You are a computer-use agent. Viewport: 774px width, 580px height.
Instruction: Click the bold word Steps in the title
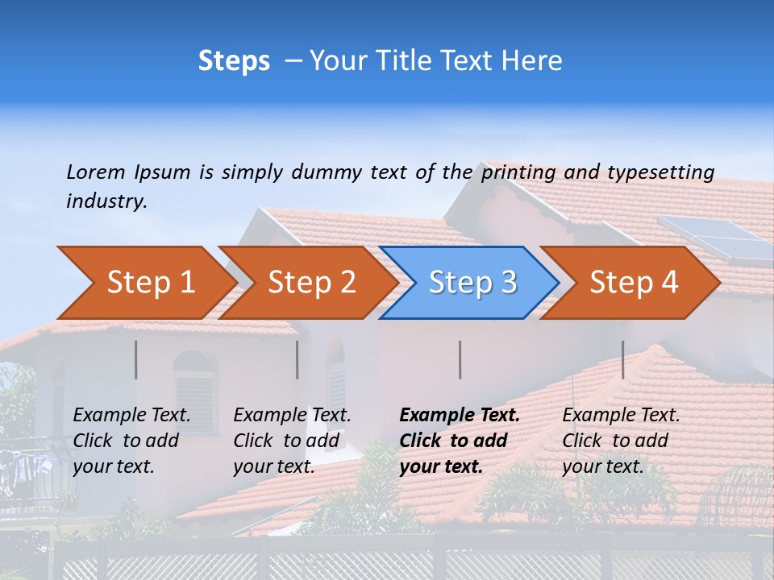234,61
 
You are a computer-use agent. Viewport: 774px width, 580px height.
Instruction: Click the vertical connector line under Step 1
136,359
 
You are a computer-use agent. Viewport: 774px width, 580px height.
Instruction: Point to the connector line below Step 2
298,359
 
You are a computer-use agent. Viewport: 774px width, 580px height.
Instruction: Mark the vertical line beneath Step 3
460,359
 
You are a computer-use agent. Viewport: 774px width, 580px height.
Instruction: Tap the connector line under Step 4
623,359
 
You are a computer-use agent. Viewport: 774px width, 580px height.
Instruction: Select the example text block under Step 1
131,440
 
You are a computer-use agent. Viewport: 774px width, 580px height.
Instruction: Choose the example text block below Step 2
292,440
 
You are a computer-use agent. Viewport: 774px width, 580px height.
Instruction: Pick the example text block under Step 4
621,440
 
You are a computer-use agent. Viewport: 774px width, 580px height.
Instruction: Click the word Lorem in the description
96,172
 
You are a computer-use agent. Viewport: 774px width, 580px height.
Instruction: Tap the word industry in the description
106,201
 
